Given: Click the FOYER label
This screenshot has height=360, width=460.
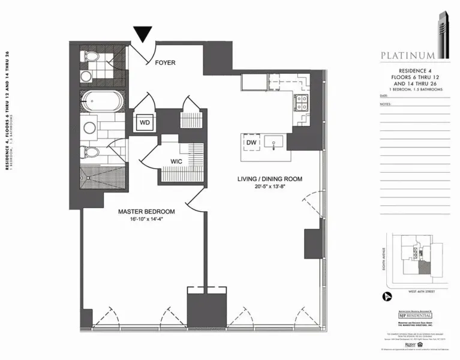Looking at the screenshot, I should point(165,62).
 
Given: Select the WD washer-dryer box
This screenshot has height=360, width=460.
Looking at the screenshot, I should point(145,122).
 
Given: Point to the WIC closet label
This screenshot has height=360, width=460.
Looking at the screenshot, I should point(176,161).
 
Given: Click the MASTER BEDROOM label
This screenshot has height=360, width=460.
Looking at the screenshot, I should point(146,211).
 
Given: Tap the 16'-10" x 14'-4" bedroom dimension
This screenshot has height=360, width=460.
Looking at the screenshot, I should point(146,220).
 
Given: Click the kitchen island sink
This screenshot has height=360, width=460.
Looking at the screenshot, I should point(276,143).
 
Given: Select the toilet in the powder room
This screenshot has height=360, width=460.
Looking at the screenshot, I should point(92,58).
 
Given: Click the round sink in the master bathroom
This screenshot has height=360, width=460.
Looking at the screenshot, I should point(91,128).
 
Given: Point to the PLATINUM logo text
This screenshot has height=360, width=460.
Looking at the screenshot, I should point(407,56).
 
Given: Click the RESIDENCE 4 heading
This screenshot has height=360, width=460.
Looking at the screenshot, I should point(407,71).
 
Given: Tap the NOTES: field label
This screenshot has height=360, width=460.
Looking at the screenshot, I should point(385,103).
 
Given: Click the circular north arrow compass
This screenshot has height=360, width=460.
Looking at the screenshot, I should point(386,296).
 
